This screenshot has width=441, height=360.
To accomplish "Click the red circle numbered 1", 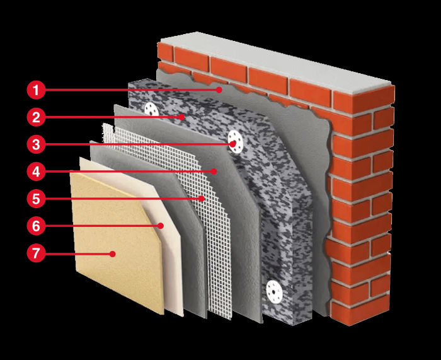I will point(36,90).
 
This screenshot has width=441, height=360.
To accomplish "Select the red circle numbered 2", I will point(36,117).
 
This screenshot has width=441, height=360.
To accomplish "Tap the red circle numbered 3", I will point(36,144).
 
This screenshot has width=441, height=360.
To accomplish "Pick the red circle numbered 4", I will point(36,171).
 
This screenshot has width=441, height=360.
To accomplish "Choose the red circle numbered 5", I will point(36,198).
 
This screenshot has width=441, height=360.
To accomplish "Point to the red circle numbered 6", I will point(36,225).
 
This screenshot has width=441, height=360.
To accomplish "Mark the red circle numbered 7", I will point(36,253).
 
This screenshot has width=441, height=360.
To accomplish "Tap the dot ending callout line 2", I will point(182,117).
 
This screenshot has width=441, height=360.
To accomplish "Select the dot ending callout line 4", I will point(214,171).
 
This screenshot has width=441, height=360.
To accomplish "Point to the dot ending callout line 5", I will point(202,199).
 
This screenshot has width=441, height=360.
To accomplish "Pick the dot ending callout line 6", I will point(162,225).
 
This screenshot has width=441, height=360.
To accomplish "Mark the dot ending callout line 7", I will point(113,253).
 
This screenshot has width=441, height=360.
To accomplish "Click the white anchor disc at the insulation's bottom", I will point(275,290).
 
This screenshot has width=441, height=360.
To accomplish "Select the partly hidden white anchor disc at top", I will point(151,108).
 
